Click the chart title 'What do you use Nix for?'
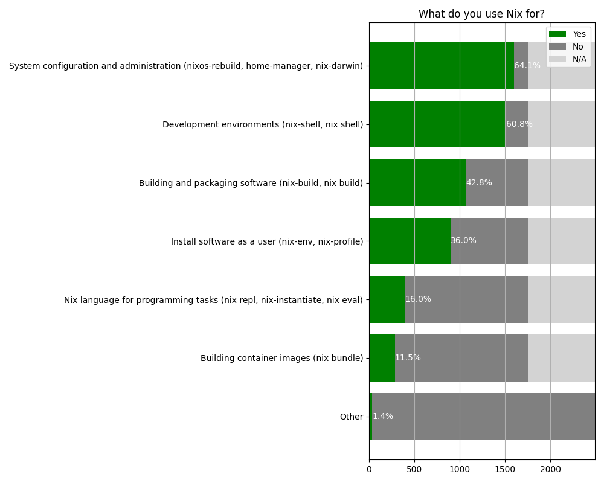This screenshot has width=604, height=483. click(x=481, y=14)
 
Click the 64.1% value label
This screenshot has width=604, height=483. click(x=527, y=65)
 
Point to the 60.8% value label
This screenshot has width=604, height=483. click(x=519, y=124)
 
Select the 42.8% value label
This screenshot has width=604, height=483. click(x=478, y=182)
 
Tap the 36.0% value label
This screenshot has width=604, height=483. click(x=463, y=240)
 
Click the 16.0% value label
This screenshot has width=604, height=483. click(x=418, y=299)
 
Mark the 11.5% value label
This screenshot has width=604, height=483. click(x=408, y=357)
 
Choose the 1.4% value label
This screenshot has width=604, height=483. click(x=382, y=416)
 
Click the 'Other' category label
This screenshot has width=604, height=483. click(x=351, y=417)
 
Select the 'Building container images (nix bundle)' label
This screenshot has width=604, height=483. click(x=281, y=358)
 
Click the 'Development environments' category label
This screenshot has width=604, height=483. click(x=263, y=124)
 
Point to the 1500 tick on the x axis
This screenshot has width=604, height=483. click(x=505, y=469)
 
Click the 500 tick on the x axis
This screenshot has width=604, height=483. click(x=414, y=469)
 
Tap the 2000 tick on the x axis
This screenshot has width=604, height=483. click(x=550, y=469)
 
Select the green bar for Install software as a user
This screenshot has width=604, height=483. click(x=410, y=241)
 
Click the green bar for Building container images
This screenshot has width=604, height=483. click(x=382, y=358)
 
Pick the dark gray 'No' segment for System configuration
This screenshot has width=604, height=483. click(x=521, y=66)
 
